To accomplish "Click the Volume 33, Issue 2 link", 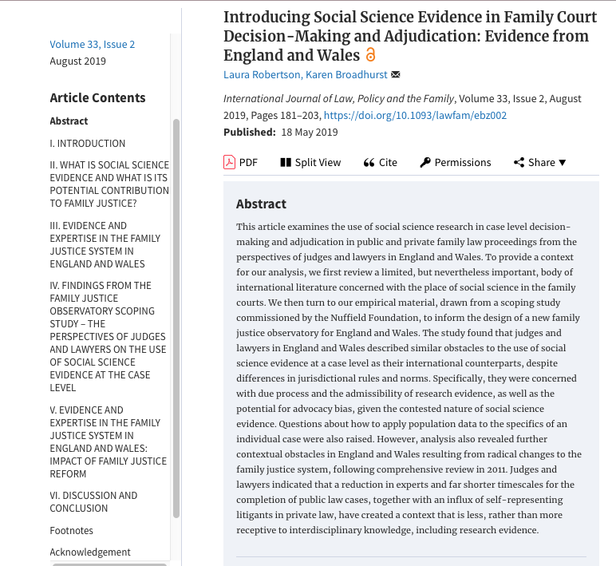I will click(x=92, y=44).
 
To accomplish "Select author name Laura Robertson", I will click(x=262, y=74).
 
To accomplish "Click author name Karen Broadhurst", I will click(x=346, y=74).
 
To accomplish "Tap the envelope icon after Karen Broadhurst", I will click(x=396, y=75).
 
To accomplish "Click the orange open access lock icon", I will click(x=370, y=55).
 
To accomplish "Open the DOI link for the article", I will click(x=415, y=115).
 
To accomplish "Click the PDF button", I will click(x=240, y=162).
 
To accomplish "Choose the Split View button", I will click(x=310, y=162).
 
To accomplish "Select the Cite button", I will click(x=380, y=162).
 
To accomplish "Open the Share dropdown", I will click(x=539, y=162).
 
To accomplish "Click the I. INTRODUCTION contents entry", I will click(x=87, y=143).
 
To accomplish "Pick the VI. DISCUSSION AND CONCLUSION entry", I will click(x=93, y=501).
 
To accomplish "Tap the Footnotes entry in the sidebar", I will click(x=71, y=530).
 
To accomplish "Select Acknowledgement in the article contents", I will click(x=90, y=552).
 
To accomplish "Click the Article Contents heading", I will click(x=97, y=97).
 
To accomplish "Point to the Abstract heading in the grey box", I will click(x=261, y=204).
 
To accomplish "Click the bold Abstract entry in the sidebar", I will click(x=69, y=121).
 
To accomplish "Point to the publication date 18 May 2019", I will click(x=309, y=133).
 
